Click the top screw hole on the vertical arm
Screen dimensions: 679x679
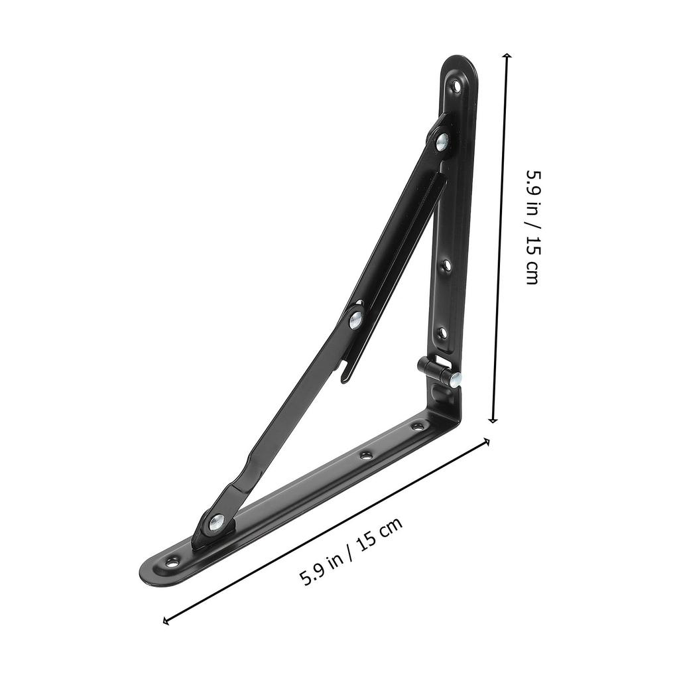point(456,85)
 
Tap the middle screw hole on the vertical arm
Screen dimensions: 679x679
point(446,265)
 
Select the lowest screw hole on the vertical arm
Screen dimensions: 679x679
point(442,332)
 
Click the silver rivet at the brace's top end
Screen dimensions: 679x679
point(441,140)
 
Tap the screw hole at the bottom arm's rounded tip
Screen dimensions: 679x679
point(172,562)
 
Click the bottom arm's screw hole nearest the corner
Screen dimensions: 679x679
point(417,426)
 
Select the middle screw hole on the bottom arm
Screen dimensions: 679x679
point(365,456)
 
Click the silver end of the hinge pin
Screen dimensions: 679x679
point(456,380)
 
